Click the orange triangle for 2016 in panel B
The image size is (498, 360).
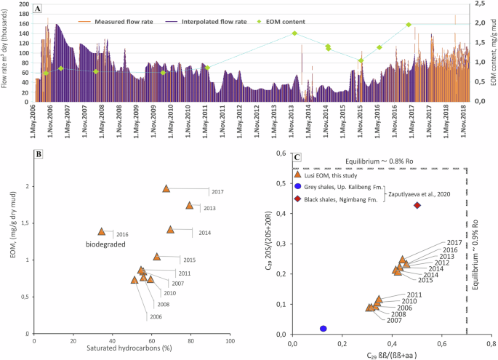point(102,231)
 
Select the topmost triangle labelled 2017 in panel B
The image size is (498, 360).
point(166,188)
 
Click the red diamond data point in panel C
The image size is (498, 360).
point(417,205)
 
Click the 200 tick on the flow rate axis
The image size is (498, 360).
point(25,4)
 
